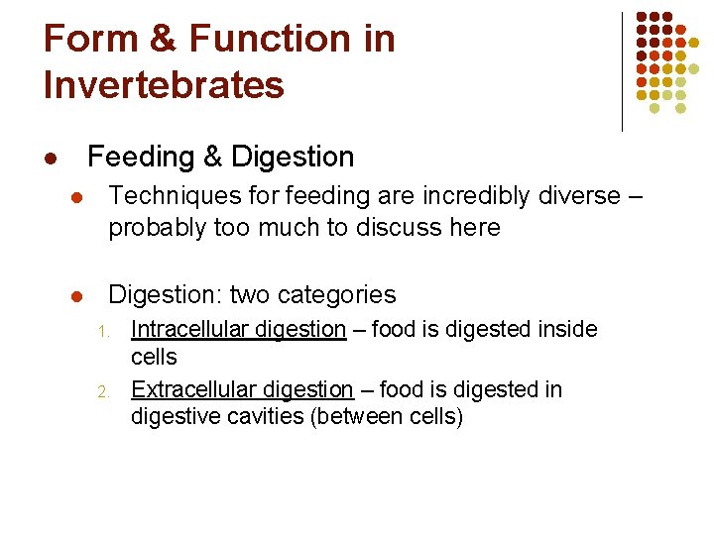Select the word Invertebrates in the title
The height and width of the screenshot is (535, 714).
click(164, 84)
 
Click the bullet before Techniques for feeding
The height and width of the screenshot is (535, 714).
click(74, 197)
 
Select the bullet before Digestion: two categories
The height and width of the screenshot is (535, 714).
click(74, 296)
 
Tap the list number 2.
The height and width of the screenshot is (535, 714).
click(102, 391)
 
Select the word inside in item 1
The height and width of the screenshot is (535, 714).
click(564, 329)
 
